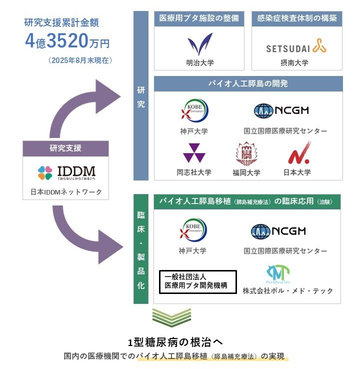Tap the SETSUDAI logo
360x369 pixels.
click(x=296, y=46)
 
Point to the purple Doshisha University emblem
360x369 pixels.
click(x=193, y=153)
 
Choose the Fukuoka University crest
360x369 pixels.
click(x=246, y=154)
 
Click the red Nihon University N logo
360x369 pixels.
click(x=299, y=153)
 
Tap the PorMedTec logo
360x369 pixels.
click(x=278, y=274)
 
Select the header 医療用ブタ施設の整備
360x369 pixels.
click(x=199, y=19)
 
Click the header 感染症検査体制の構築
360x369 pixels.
click(x=296, y=19)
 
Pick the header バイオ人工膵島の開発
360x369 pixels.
click(x=248, y=83)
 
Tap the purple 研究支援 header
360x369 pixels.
click(x=65, y=148)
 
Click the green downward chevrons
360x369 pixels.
click(x=171, y=318)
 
